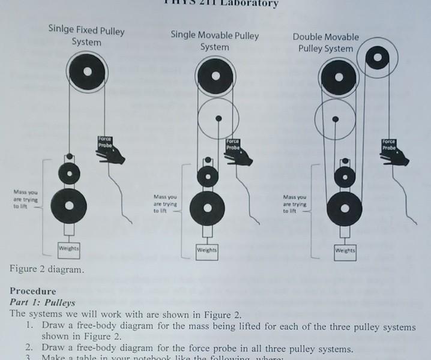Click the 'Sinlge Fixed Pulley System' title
pos(86,36)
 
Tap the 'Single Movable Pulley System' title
pos(215,41)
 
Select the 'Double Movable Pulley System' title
pos(326,43)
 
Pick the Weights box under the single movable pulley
pos(207,249)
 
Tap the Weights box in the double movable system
pos(345,250)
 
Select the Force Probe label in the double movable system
pos(389,145)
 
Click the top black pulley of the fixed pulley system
pos(87,71)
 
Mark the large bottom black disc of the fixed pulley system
pos(70,205)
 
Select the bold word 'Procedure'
pos(33,291)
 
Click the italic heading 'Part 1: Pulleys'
pos(43,302)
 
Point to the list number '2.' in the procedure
pos(29,348)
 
